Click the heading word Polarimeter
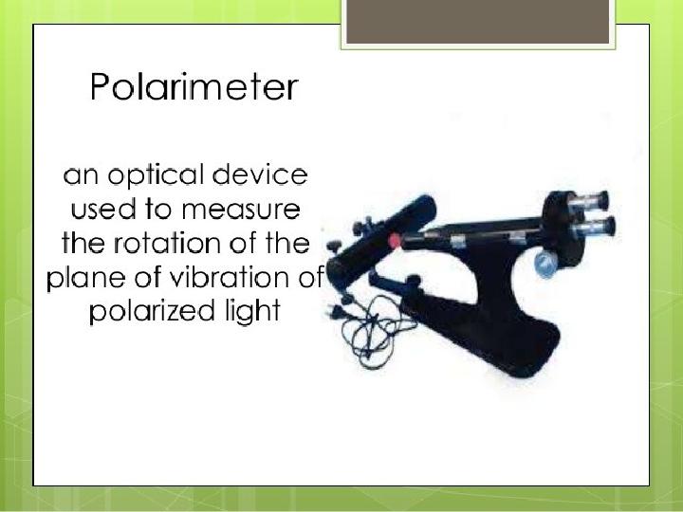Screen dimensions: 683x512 (x=194, y=86)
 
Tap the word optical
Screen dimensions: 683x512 (x=156, y=176)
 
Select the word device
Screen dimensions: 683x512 (x=260, y=174)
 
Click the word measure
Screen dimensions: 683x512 (x=241, y=210)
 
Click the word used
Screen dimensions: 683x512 (x=103, y=209)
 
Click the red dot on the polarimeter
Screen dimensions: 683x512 (x=395, y=240)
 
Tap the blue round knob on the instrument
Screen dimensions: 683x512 (x=545, y=264)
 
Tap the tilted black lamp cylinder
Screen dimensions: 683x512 (x=380, y=242)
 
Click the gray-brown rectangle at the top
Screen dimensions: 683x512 (x=478, y=22)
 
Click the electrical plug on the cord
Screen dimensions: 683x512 (x=336, y=311)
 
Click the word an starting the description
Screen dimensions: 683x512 (x=81, y=176)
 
